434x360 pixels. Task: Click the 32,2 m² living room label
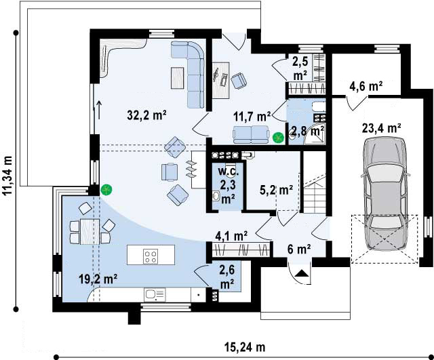146,115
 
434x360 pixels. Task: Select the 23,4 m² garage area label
382,128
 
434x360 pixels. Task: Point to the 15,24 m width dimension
245,347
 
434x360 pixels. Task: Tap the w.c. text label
229,172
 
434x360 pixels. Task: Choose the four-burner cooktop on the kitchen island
151,256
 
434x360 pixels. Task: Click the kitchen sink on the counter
155,295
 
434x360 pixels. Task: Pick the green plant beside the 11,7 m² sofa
278,138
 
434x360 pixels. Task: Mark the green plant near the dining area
106,190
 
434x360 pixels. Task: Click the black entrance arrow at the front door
301,273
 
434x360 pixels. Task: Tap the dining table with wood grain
90,232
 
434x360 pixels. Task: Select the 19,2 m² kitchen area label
98,279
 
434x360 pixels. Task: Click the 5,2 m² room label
277,190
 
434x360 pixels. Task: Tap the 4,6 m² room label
366,86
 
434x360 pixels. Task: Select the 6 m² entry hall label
299,249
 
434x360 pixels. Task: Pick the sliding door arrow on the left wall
99,110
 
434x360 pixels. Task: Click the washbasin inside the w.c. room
216,196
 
